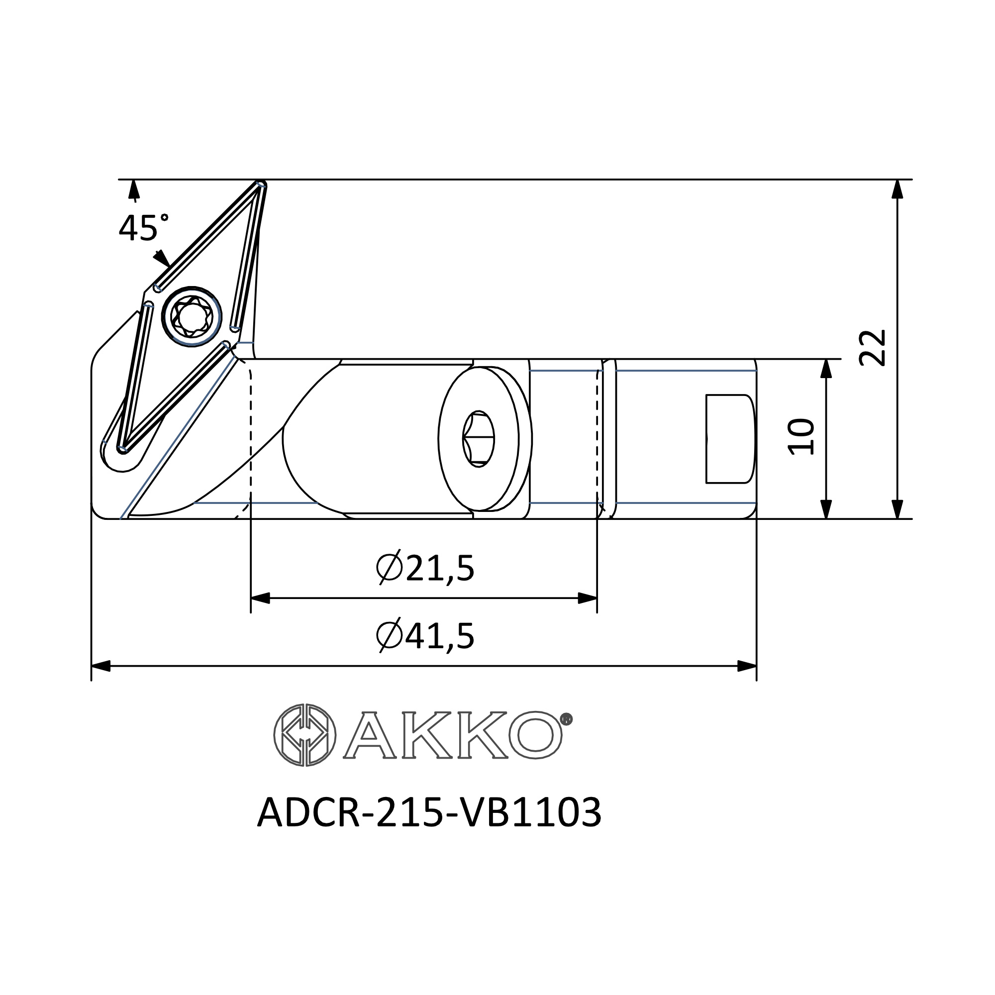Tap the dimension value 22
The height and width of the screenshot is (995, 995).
[873, 347]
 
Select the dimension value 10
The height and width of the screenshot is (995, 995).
[801, 437]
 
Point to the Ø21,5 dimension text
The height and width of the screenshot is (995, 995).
[425, 569]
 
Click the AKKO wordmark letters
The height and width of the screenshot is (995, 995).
[453, 734]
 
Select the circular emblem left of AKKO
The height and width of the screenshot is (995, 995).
[304, 734]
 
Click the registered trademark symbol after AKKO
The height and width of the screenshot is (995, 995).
[566, 719]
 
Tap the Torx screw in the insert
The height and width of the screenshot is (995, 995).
[192, 316]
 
